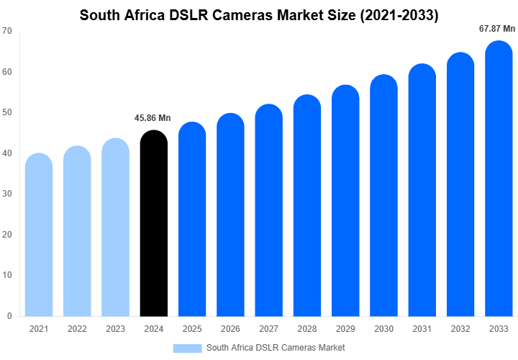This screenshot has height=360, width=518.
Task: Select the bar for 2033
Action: (x=499, y=184)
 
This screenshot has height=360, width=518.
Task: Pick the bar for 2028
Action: (x=307, y=209)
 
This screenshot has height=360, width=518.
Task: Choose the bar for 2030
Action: (x=384, y=198)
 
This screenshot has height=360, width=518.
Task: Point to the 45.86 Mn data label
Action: (x=153, y=118)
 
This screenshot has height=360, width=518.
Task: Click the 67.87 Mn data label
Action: (x=497, y=29)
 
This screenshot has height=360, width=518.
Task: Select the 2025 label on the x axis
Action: (x=192, y=329)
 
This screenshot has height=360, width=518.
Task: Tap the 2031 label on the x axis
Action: (x=422, y=329)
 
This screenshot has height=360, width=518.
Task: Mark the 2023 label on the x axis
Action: (x=115, y=329)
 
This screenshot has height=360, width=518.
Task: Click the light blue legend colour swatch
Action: (x=187, y=348)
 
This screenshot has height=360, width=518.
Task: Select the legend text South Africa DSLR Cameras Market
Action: (x=276, y=348)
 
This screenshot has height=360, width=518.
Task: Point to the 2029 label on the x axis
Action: (x=345, y=329)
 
